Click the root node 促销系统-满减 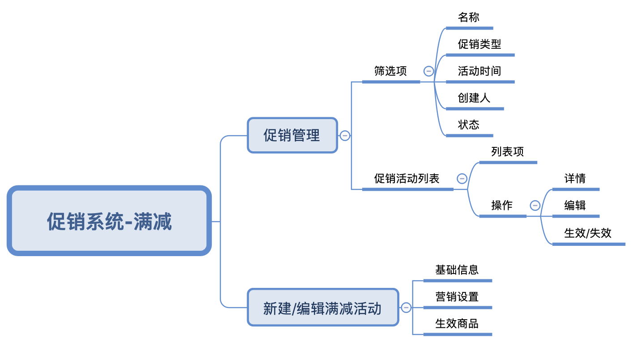109,221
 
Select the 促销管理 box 292,135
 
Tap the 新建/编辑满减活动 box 322,308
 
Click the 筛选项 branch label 390,71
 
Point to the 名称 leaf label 469,17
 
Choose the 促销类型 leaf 479,44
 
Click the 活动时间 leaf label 479,71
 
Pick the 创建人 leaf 474,98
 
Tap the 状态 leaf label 469,125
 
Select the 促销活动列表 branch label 407,179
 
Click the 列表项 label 507,152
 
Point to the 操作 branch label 502,206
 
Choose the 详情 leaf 575,179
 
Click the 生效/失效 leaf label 588,233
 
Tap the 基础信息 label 457,270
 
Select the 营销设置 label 457,296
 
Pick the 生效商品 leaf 457,323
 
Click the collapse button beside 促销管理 345,135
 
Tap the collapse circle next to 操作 535,206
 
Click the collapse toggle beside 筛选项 429,71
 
